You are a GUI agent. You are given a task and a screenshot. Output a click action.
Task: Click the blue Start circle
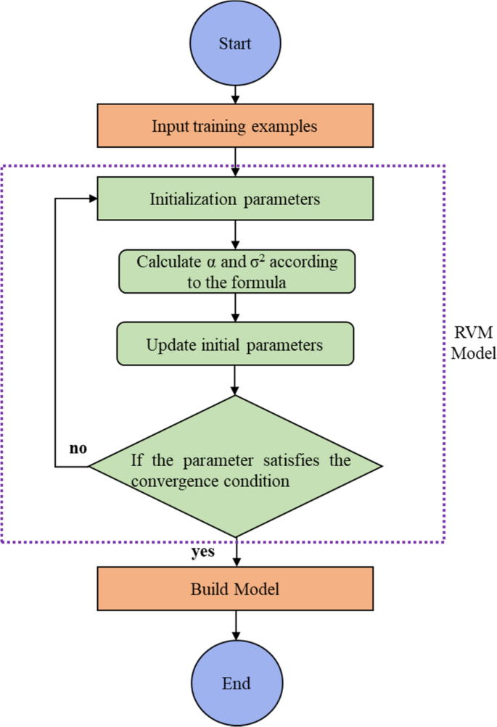pos(235,43)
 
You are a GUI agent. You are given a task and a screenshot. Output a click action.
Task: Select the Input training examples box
pos(235,126)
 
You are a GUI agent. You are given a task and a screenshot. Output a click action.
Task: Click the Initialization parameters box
pos(235,199)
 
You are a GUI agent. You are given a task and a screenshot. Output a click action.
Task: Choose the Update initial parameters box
pos(235,344)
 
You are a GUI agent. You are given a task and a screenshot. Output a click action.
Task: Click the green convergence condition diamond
pos(235,465)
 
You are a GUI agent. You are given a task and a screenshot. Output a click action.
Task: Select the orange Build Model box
pos(235,589)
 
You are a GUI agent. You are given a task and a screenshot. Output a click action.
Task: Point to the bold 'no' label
pos(78,448)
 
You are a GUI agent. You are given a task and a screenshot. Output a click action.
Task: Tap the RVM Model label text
pos(472,345)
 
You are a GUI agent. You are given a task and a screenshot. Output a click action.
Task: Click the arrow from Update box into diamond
pos(235,378)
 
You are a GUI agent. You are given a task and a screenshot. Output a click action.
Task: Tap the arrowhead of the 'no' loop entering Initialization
pos(92,199)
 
